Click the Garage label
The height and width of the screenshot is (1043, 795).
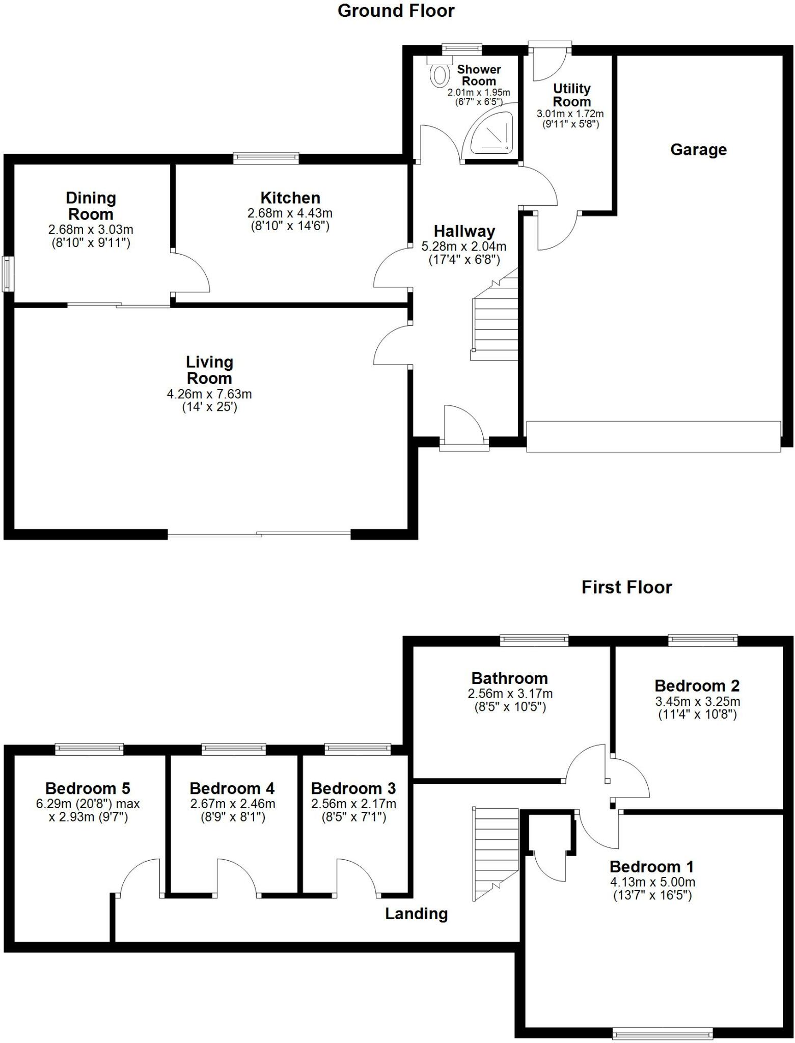(x=698, y=150)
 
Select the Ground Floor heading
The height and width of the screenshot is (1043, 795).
(x=396, y=11)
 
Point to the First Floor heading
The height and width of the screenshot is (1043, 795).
(x=626, y=587)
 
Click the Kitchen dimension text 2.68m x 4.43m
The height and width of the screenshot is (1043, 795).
(x=290, y=213)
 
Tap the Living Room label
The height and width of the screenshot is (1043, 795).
(x=209, y=370)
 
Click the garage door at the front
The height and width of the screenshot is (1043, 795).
(x=653, y=436)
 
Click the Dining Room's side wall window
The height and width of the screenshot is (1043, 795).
(x=8, y=274)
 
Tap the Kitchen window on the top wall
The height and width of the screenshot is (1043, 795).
(x=266, y=158)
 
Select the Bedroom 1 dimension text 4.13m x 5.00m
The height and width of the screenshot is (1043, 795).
(x=652, y=882)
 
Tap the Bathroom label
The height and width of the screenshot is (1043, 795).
(x=509, y=678)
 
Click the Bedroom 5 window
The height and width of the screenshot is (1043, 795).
(x=89, y=748)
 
